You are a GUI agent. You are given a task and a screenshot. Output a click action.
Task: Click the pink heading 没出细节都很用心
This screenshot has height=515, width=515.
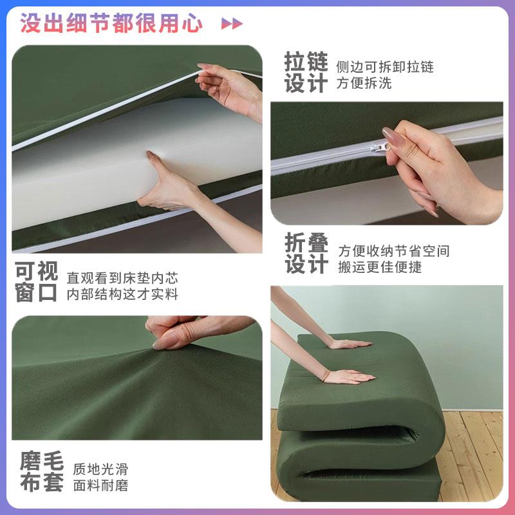tap(111, 23)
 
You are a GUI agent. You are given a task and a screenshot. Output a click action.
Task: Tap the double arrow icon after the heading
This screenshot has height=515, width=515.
tap(232, 24)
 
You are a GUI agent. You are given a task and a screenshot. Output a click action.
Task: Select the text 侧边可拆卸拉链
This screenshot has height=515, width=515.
tap(384, 66)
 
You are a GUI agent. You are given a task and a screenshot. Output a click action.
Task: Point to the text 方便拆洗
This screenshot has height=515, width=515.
tap(364, 83)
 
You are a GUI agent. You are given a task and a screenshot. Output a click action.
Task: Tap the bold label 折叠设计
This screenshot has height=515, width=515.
tap(306, 254)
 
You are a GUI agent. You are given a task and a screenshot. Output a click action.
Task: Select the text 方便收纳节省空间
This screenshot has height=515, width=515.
tap(394, 250)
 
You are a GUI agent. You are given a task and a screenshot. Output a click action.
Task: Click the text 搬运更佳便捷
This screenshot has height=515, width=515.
tap(380, 267)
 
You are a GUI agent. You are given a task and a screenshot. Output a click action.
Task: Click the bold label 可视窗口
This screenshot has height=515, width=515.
tap(37, 282)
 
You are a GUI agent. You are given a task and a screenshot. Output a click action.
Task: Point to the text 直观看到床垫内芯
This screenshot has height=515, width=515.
tap(122, 278)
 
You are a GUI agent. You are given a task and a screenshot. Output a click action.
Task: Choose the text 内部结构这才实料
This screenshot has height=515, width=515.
tap(122, 295)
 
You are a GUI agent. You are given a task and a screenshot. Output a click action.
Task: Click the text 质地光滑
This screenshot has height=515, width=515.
tap(100, 469)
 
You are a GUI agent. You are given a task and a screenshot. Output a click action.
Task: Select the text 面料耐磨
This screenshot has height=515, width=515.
tap(100, 486)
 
